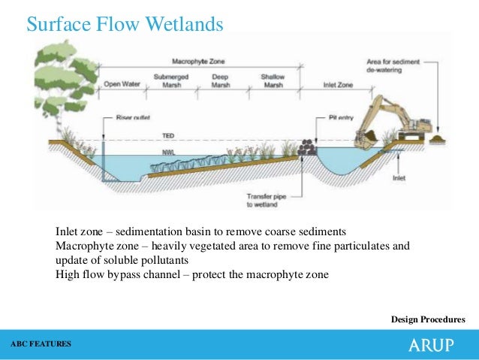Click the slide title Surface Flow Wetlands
(125, 25)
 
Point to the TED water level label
(169, 136)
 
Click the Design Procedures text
(428, 320)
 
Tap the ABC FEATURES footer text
(41, 343)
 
